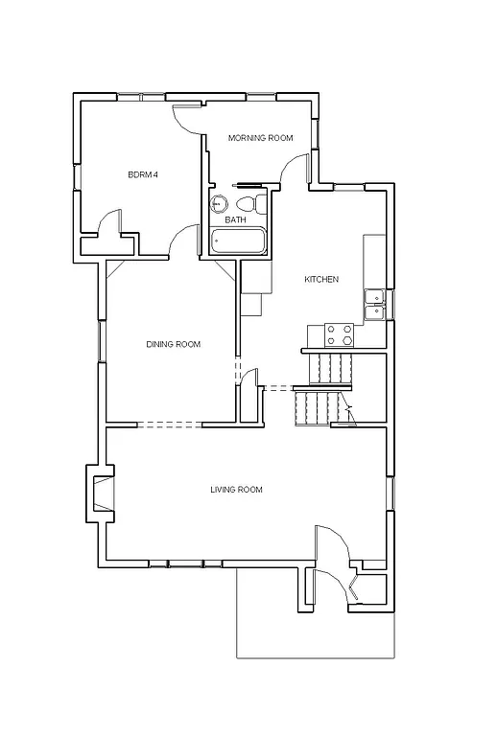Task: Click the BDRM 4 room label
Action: tap(142, 174)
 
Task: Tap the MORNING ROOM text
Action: tap(259, 138)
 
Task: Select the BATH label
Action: tap(235, 219)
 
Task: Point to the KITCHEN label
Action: tap(320, 279)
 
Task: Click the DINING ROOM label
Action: tap(173, 344)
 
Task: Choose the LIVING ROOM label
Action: tap(236, 490)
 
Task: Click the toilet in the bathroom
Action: tap(246, 204)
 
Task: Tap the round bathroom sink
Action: tap(220, 203)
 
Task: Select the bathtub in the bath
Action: tap(236, 241)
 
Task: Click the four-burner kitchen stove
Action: tap(340, 334)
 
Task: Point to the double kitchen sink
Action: tap(374, 302)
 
